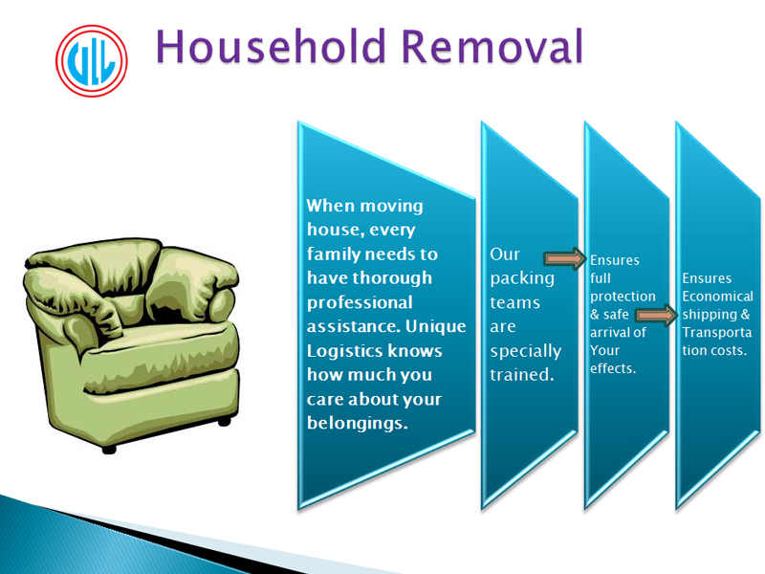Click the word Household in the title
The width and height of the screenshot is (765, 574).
click(271, 46)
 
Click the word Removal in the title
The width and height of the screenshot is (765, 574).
click(492, 46)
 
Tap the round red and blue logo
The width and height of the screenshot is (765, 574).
click(91, 61)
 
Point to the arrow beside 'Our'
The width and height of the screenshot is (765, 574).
click(565, 258)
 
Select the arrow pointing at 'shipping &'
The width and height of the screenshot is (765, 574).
click(657, 316)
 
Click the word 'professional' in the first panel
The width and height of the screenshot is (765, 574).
click(360, 302)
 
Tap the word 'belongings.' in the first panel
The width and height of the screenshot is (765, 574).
click(357, 423)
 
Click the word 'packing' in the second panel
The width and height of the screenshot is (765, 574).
click(522, 278)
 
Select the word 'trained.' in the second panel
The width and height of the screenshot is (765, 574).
click(522, 375)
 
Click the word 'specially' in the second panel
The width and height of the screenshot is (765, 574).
click(525, 351)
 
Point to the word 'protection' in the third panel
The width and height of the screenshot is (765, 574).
click(623, 297)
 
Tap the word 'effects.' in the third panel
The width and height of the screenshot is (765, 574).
click(613, 368)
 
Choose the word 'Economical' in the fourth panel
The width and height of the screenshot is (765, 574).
click(718, 297)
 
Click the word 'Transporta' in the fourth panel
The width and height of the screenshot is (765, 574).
click(716, 332)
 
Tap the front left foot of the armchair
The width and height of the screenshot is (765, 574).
click(109, 449)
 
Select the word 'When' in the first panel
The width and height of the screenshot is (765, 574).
click(327, 206)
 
